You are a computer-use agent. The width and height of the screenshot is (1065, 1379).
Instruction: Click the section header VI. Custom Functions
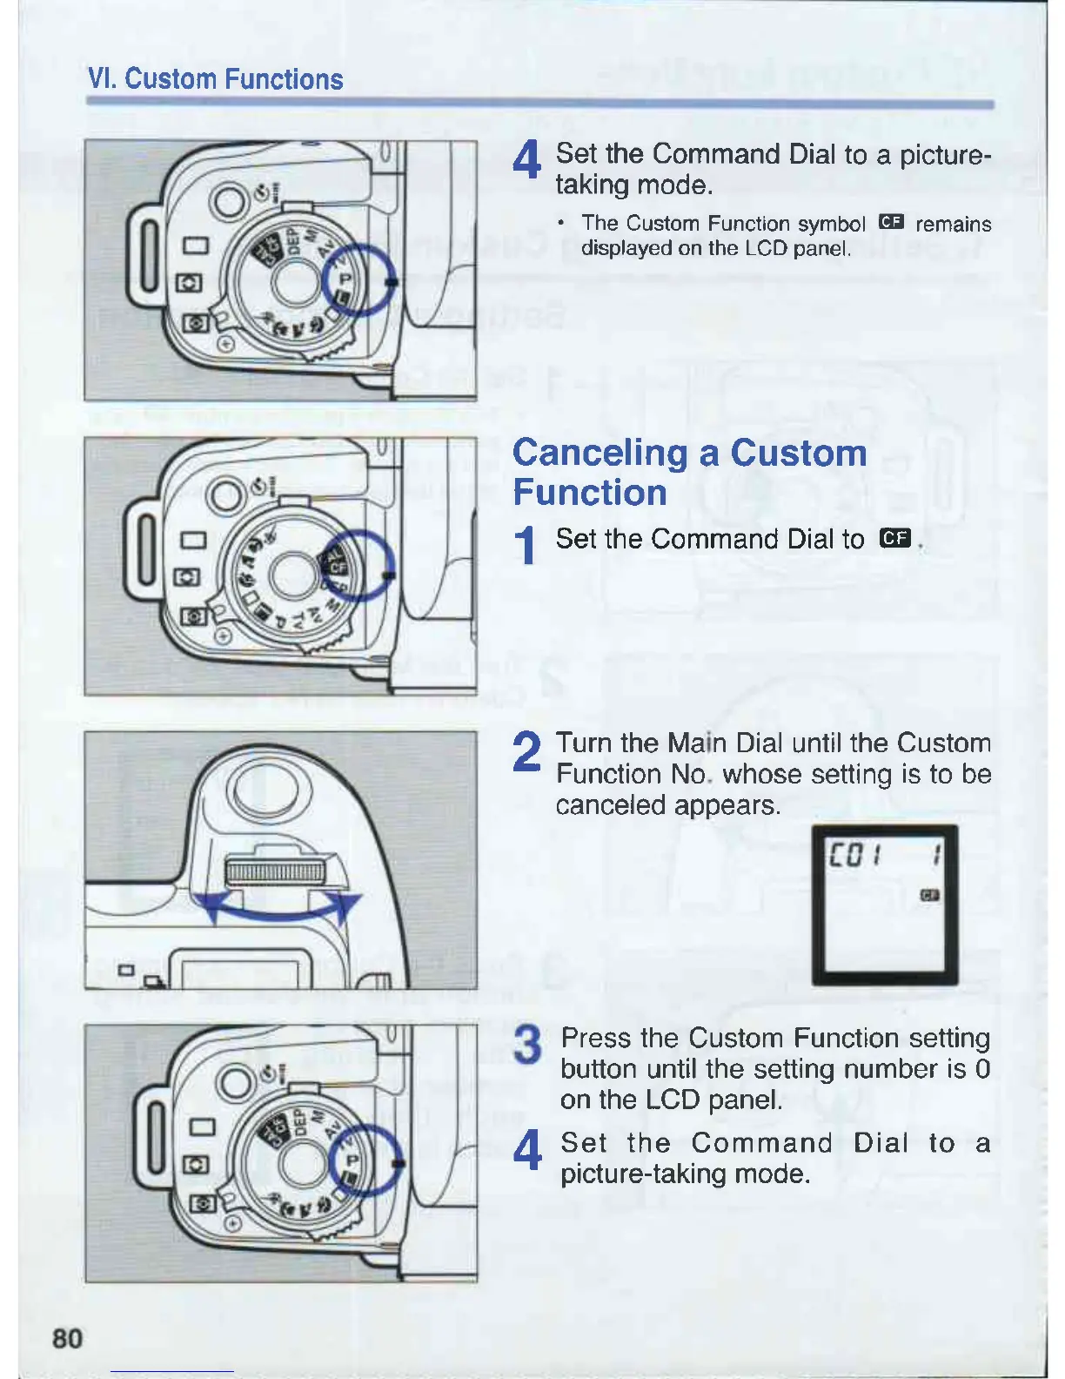point(216,79)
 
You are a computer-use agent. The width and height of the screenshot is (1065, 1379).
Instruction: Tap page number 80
point(68,1337)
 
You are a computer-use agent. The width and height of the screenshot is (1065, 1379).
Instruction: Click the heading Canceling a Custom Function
point(689,472)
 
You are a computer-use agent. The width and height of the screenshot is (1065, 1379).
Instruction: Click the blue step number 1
point(525,546)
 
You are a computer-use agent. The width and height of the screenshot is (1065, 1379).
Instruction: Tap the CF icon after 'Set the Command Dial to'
point(894,539)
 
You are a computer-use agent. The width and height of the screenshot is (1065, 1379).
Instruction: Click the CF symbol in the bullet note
point(892,223)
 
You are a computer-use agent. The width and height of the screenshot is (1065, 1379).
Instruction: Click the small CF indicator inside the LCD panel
point(929,895)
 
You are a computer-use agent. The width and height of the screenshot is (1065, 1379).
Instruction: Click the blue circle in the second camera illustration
point(358,565)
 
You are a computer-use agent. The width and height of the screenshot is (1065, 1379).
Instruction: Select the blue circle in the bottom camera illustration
point(365,1160)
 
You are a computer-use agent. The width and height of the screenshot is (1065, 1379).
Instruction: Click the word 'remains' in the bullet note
point(953,224)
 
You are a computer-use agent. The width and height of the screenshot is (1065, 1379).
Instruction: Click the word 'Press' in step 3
point(597,1039)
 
